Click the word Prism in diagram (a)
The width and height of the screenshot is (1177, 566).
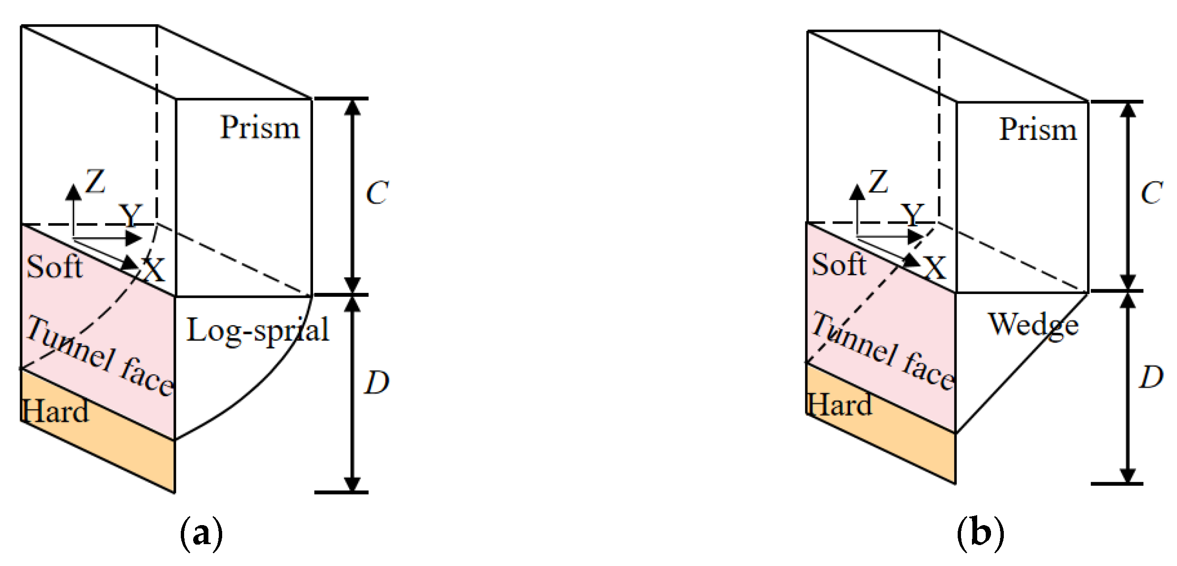(260, 128)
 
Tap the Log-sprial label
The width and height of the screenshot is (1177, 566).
(257, 331)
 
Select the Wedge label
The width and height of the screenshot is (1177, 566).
(1033, 326)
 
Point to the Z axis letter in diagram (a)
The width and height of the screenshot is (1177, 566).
(95, 181)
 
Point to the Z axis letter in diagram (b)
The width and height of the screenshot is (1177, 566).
(878, 182)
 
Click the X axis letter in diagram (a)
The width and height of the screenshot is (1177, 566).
(154, 270)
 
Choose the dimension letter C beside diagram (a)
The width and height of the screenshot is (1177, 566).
(377, 193)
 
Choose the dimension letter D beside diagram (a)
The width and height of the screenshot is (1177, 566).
(377, 382)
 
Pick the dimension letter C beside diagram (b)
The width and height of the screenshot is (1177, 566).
(1152, 193)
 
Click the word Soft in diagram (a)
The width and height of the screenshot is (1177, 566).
(54, 266)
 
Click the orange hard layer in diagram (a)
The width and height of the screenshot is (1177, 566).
(119, 447)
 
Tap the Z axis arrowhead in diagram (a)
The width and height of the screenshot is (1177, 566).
(73, 191)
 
